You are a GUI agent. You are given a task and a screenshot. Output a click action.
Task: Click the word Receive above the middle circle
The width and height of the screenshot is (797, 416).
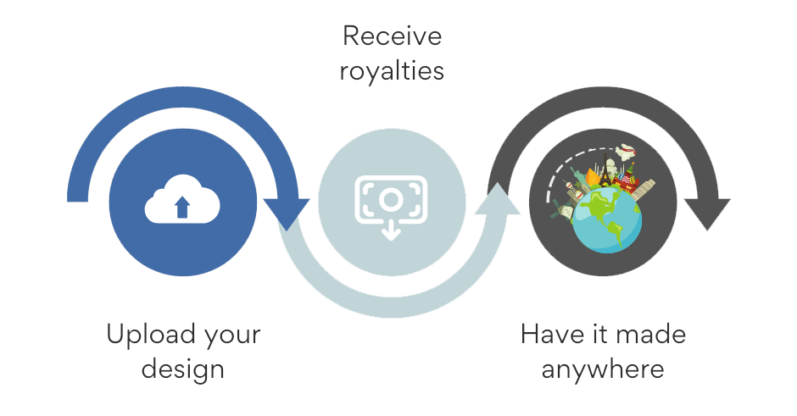(x=392, y=36)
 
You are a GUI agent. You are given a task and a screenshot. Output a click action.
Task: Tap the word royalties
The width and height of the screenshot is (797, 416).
(x=392, y=71)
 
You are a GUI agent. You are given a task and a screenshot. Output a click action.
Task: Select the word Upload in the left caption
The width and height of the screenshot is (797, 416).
(x=150, y=336)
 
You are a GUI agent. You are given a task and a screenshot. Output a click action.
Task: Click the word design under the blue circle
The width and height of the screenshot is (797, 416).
(x=183, y=369)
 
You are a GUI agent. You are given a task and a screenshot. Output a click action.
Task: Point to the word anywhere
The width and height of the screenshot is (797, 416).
(x=603, y=369)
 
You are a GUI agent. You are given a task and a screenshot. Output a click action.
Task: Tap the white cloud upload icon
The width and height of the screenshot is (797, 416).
(x=182, y=200)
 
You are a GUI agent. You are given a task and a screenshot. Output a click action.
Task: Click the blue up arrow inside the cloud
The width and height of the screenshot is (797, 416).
(x=182, y=208)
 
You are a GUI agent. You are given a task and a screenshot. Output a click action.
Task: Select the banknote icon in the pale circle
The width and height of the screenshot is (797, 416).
(x=391, y=200)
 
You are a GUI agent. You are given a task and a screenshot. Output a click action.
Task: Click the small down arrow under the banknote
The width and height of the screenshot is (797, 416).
(x=391, y=232)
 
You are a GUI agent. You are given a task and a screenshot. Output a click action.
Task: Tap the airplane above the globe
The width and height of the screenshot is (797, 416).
(x=627, y=152)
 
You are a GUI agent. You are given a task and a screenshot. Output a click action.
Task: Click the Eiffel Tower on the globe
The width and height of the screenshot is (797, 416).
(x=605, y=172)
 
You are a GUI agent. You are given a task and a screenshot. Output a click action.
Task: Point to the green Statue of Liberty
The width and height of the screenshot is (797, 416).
(x=578, y=177)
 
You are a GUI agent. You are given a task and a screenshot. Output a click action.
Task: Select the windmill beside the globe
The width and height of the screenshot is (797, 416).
(x=560, y=208)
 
